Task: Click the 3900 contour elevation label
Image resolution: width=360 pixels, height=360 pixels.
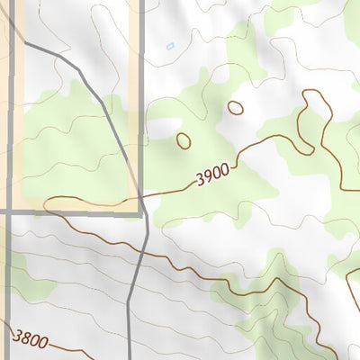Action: click(x=211, y=180)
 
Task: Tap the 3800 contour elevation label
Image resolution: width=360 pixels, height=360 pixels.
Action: click(x=30, y=339)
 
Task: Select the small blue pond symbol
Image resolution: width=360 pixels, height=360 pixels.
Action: click(x=170, y=45)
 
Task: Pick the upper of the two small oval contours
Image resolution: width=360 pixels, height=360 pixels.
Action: click(x=235, y=108)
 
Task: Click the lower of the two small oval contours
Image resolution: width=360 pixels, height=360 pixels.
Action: click(x=184, y=140)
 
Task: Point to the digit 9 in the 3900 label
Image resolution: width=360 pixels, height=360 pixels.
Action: click(x=206, y=181)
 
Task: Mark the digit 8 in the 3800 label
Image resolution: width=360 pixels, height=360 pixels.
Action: click(x=25, y=338)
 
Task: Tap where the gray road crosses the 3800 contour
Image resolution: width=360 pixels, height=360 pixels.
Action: click(x=131, y=351)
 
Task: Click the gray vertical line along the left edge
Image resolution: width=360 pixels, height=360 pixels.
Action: click(x=11, y=108)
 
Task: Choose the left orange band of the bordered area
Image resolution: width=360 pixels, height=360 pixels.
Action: click(x=19, y=108)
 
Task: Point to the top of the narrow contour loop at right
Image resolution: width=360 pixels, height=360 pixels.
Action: click(x=314, y=92)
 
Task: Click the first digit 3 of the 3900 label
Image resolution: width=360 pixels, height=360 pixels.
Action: click(x=198, y=183)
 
